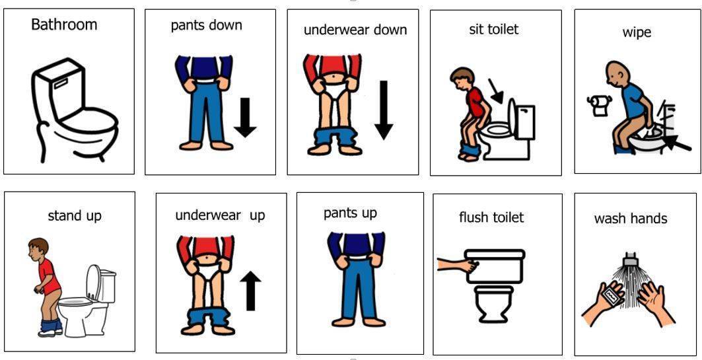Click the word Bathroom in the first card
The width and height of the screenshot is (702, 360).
click(x=64, y=24)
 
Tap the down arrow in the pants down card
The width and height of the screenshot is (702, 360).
click(x=245, y=118)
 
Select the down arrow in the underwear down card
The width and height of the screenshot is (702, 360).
click(x=384, y=110)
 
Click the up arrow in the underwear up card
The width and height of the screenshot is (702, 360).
click(x=251, y=291)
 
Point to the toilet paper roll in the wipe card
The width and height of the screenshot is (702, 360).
click(x=598, y=105)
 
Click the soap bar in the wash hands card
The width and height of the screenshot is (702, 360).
click(x=611, y=296)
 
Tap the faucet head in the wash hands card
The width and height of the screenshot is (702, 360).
click(x=631, y=258)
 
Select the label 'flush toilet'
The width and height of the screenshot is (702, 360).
click(x=491, y=217)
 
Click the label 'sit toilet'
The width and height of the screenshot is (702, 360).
click(x=494, y=30)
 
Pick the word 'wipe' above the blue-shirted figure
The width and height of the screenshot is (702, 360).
click(x=637, y=32)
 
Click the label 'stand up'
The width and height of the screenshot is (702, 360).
click(x=75, y=216)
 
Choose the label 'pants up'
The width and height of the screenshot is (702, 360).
click(x=350, y=213)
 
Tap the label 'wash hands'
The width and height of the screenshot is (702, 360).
click(x=631, y=219)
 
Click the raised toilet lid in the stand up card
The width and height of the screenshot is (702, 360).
click(x=94, y=281)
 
